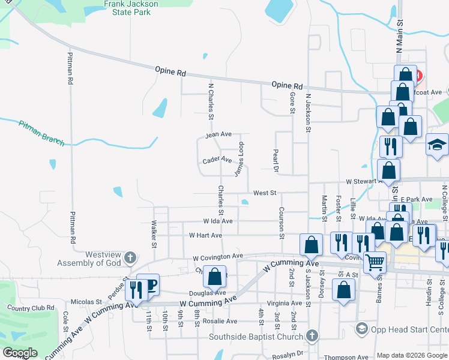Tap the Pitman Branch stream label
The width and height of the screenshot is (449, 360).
(x=41, y=133)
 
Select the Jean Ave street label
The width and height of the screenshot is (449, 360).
(x=218, y=134)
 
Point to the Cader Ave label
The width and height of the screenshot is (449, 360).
(x=217, y=160)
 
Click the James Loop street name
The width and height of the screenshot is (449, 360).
(x=239, y=159)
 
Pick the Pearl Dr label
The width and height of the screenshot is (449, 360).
(x=276, y=160)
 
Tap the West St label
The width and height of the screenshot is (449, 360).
(x=264, y=193)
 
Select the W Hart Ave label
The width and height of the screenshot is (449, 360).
(x=205, y=236)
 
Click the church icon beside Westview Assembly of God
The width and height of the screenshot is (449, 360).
(x=130, y=259)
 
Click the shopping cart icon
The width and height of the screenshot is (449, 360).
(x=375, y=262)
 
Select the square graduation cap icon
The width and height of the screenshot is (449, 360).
(x=437, y=145)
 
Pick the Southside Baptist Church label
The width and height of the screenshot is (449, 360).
(x=256, y=337)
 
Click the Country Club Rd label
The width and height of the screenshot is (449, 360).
(x=31, y=308)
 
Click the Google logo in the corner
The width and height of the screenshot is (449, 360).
(x=20, y=353)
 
